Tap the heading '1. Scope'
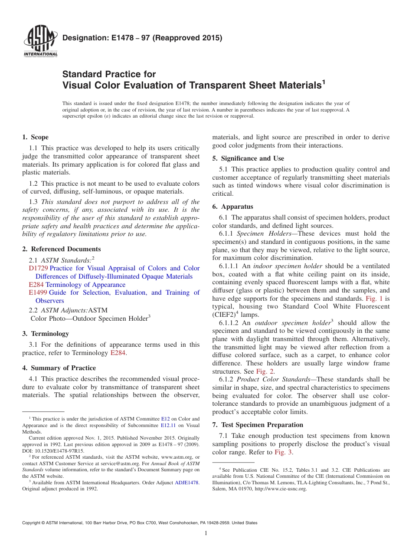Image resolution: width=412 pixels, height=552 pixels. click(x=36, y=137)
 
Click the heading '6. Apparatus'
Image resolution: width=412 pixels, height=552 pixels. click(x=232, y=207)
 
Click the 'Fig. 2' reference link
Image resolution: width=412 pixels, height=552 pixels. click(x=265, y=371)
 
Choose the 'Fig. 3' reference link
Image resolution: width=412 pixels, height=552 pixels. click(x=284, y=452)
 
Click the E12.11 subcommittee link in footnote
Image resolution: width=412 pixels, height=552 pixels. click(x=168, y=426)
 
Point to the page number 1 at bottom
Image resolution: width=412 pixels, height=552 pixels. click(x=206, y=533)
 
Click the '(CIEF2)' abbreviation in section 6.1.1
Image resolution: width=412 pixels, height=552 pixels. click(x=224, y=315)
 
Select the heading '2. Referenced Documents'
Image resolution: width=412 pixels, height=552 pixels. click(x=61, y=249)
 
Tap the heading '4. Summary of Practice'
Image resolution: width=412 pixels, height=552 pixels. click(x=59, y=368)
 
